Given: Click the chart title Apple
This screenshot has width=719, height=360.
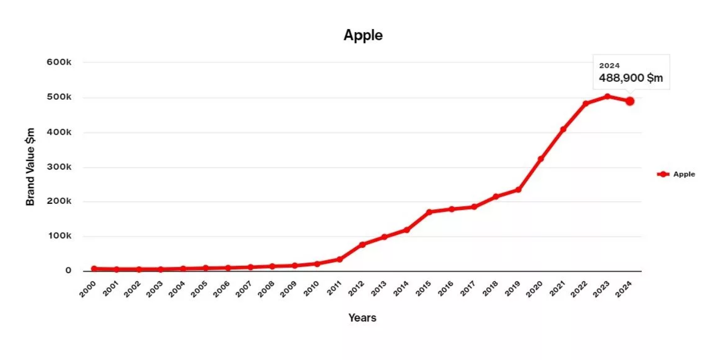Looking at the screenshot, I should click(x=363, y=35).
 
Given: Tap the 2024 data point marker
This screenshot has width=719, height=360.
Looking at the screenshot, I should click(x=630, y=101).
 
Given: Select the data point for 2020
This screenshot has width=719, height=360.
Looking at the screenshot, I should click(x=541, y=159).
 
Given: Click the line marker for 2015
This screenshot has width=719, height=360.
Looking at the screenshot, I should click(x=429, y=212).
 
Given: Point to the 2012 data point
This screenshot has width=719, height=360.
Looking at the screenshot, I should click(x=363, y=244).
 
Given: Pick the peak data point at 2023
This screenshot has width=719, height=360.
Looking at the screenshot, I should click(x=607, y=96).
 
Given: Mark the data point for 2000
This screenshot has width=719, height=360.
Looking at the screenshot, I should click(x=94, y=268).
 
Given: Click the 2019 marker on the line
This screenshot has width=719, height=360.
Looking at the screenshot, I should click(x=518, y=190).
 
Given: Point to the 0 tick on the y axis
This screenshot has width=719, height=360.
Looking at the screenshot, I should click(x=68, y=271).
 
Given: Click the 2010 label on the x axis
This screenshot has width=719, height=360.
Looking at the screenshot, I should click(x=311, y=289).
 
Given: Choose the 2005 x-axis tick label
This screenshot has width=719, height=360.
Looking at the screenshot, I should click(x=199, y=289).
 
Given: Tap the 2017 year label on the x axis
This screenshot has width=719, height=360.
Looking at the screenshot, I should click(x=467, y=289).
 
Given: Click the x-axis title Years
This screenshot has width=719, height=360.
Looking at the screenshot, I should click(x=362, y=318).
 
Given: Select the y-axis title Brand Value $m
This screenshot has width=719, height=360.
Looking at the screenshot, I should click(x=31, y=167).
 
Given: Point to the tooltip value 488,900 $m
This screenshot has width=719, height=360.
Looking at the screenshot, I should click(x=631, y=78).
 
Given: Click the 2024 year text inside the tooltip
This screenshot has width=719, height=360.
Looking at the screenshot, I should click(x=609, y=66).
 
